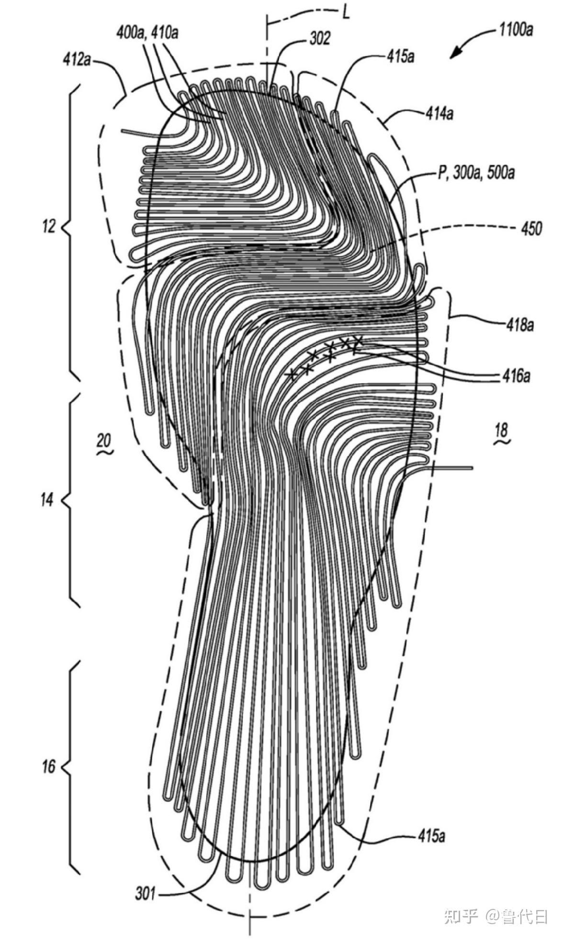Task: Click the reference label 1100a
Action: pyautogui.click(x=516, y=31)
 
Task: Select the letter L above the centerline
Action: pyautogui.click(x=346, y=12)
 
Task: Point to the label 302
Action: pyautogui.click(x=320, y=39)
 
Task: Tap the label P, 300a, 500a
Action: pyautogui.click(x=476, y=173)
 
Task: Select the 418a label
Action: pyautogui.click(x=520, y=325)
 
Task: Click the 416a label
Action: pyautogui.click(x=517, y=376)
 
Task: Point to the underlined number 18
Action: pyautogui.click(x=502, y=430)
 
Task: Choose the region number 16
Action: pyautogui.click(x=49, y=767)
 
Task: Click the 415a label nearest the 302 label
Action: pyautogui.click(x=401, y=56)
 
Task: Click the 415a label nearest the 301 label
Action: pyautogui.click(x=431, y=836)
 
